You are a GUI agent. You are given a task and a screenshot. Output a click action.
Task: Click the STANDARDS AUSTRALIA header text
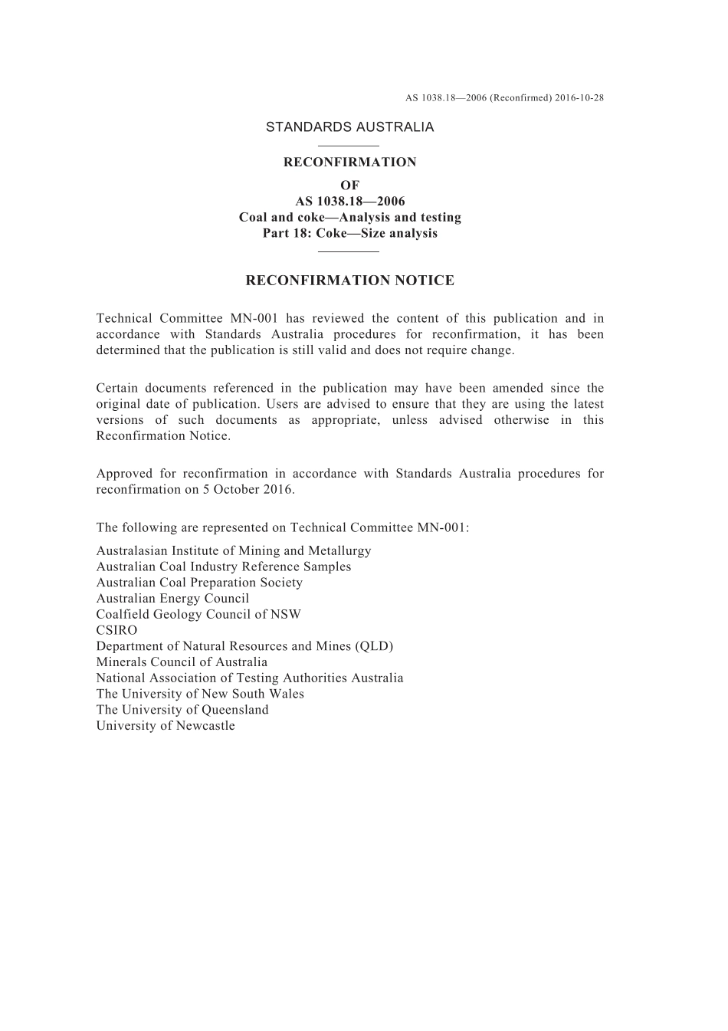point(349,127)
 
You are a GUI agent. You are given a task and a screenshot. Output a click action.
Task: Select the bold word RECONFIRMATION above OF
point(349,163)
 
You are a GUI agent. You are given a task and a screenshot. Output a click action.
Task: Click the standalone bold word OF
point(349,186)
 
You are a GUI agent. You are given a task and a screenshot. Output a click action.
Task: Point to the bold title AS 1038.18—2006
point(349,202)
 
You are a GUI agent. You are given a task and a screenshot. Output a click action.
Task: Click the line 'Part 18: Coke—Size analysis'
point(349,233)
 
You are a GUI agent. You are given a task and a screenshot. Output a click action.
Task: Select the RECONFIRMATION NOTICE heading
point(349,281)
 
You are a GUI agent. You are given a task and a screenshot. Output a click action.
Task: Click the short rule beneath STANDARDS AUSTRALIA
point(349,146)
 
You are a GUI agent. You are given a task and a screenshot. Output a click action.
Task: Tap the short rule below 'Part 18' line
point(349,251)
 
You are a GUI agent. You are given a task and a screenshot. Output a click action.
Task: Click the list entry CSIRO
point(116,630)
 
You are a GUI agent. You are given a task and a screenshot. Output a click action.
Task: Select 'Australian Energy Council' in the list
point(172,599)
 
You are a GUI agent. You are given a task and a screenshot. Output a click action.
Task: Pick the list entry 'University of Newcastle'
point(166,726)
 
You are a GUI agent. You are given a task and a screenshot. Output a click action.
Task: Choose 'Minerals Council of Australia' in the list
point(182,662)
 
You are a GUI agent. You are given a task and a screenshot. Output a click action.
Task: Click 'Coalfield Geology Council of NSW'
point(198,615)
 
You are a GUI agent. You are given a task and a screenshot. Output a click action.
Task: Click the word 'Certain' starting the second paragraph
point(116,389)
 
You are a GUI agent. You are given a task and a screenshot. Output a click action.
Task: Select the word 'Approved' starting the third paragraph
point(123,474)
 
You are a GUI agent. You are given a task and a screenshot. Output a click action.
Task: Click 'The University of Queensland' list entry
point(182,710)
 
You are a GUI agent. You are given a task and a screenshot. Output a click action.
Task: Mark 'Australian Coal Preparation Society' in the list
point(199,583)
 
